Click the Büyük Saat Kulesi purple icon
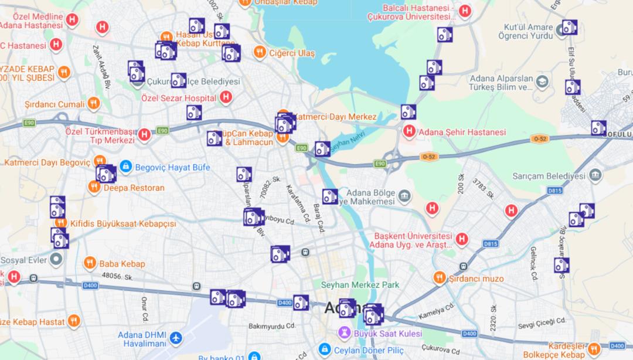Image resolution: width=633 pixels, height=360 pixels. pyautogui.click(x=344, y=333)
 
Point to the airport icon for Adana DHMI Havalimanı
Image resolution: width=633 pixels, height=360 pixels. pyautogui.click(x=175, y=339)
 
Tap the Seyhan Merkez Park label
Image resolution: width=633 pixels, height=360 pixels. pyautogui.click(x=360, y=285)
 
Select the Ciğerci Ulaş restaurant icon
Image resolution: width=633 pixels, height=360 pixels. pyautogui.click(x=260, y=53)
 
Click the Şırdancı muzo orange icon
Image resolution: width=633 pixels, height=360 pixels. pyautogui.click(x=440, y=277)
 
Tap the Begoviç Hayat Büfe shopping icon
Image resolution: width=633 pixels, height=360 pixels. pyautogui.click(x=125, y=167)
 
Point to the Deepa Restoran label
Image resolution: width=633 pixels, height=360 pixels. pyautogui.click(x=134, y=188)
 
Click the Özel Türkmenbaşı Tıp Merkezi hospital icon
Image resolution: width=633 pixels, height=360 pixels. pyautogui.click(x=144, y=135)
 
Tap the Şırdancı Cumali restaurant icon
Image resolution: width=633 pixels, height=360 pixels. pyautogui.click(x=93, y=104)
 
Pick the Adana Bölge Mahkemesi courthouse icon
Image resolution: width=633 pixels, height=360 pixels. pyautogui.click(x=404, y=195)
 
